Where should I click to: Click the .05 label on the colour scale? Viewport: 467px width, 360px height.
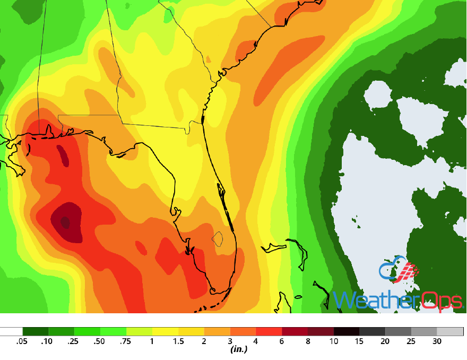point(23,341)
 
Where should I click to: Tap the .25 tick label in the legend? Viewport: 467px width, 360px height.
point(74,341)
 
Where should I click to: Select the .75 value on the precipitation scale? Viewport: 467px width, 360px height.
point(126,341)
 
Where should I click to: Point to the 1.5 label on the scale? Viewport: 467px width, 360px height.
point(178,341)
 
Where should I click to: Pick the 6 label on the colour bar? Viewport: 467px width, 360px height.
point(282,341)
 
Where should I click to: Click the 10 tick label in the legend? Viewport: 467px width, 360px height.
point(333,341)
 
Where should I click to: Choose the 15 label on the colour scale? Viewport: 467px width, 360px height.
point(359,341)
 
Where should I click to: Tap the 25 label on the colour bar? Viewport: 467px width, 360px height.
point(411,341)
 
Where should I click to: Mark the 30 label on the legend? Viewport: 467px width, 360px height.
point(437,341)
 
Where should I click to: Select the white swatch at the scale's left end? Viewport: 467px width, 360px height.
point(11,331)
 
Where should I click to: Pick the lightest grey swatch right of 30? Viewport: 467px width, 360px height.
point(449,331)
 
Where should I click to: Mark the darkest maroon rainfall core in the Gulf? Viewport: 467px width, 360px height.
point(65,221)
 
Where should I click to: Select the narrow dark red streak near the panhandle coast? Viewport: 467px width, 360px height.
point(63,156)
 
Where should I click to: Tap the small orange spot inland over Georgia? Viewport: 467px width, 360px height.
point(208,59)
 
